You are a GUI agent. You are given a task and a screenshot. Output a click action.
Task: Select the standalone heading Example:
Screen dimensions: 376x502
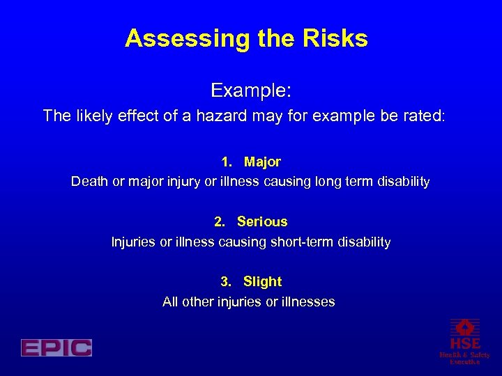pyautogui.click(x=251, y=91)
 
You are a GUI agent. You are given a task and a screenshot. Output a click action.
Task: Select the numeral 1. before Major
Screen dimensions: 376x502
pyautogui.click(x=227, y=162)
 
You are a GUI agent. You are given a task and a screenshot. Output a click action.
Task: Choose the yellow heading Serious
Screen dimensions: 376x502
pyautogui.click(x=262, y=222)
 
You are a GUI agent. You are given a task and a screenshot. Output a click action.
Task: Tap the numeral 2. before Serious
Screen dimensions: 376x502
pyautogui.click(x=220, y=222)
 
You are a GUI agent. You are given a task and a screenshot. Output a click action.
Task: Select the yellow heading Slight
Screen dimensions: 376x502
pyautogui.click(x=262, y=282)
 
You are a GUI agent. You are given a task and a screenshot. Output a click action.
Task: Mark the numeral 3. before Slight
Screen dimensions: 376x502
pyautogui.click(x=226, y=282)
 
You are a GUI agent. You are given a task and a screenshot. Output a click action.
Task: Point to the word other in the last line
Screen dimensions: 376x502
pyautogui.click(x=198, y=302)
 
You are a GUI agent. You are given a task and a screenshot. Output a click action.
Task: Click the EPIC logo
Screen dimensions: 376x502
pyautogui.click(x=56, y=347)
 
